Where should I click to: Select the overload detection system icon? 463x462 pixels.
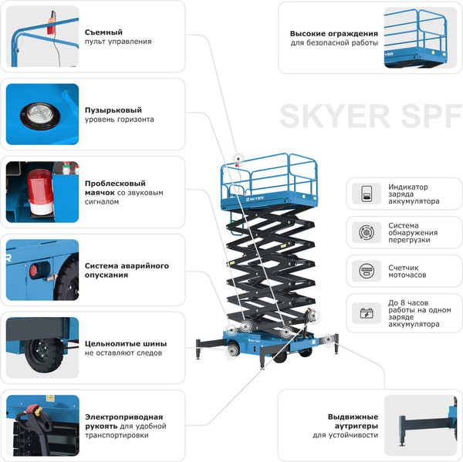366,232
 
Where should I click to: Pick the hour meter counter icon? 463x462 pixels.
366,271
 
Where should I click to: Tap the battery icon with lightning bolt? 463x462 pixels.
366,313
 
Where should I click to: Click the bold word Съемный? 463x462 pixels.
104,32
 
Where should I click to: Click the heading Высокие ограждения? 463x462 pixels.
333,33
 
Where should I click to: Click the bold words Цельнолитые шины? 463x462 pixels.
126,343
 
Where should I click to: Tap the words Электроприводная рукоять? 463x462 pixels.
123,421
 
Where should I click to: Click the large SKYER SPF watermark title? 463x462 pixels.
369,116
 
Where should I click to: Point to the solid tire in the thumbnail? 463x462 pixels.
39,355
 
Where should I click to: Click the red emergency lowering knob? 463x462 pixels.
33,271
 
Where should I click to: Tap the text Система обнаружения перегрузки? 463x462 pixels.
413,232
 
